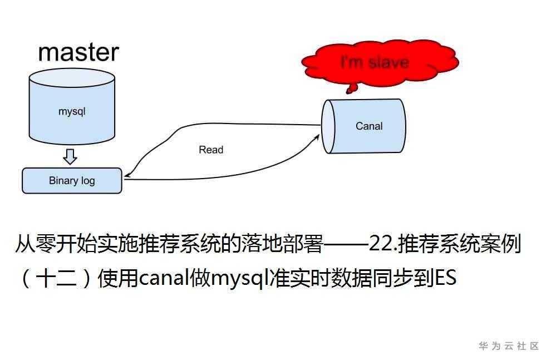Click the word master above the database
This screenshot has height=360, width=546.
point(78,52)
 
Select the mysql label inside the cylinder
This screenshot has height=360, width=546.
point(72,111)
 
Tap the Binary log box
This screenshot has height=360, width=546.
point(72,181)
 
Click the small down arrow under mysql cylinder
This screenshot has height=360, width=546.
point(70,157)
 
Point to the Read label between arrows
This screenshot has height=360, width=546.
point(211,150)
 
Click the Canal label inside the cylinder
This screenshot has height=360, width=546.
point(369,126)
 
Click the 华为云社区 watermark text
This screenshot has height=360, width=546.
point(509,346)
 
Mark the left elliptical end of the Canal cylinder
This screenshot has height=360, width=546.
point(329,126)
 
